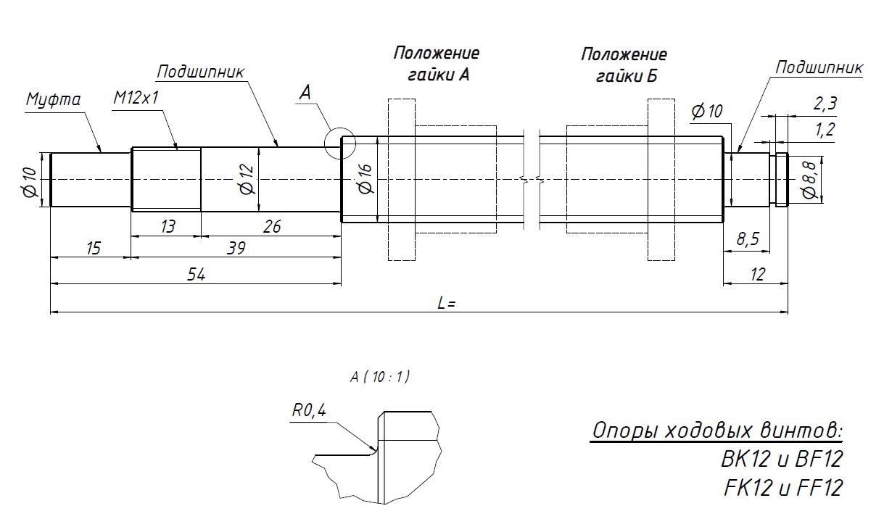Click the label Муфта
pos(54,99)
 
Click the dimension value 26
pos(272,226)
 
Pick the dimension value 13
pos(167,226)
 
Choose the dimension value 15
pos(93,248)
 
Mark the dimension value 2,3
pos(825,104)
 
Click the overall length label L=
pos(446,304)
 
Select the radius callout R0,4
pos(309,410)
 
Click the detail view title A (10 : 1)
pos(379,376)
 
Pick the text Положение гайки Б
pos(624,65)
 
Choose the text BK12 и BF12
pos(782,460)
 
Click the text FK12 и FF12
pos(783,487)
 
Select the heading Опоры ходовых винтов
pos(717,431)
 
